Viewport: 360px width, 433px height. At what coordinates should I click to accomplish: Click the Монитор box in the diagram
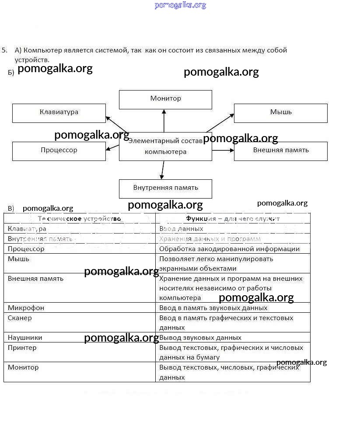click(165, 99)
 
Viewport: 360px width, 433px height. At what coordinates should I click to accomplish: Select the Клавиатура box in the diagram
click(59, 113)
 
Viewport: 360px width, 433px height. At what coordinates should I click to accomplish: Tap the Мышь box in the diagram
click(280, 113)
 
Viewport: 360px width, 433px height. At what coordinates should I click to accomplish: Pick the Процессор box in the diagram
click(59, 151)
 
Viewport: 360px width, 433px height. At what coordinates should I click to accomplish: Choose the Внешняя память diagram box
click(280, 151)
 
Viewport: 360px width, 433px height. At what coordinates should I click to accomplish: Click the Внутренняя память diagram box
click(165, 189)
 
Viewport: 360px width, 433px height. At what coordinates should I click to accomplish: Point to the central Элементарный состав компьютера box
click(165, 147)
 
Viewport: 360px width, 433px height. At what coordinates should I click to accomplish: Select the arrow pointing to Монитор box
click(164, 121)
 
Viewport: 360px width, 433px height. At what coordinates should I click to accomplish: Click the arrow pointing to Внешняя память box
click(223, 150)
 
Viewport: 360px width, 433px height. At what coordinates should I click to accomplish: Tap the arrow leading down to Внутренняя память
click(163, 170)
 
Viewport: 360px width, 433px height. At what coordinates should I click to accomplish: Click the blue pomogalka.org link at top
click(180, 5)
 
